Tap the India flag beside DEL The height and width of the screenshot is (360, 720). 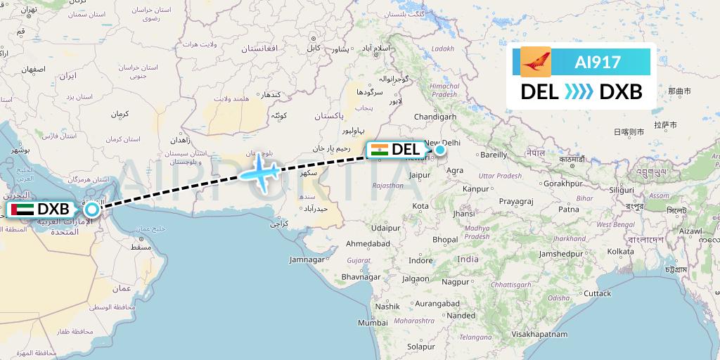(x=378, y=149)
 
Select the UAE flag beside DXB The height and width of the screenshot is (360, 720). (x=19, y=210)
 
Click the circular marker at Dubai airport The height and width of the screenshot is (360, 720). (x=92, y=209)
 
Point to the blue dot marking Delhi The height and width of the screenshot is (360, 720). (x=440, y=149)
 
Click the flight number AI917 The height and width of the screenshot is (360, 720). (x=598, y=62)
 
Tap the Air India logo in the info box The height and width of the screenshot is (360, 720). (x=536, y=62)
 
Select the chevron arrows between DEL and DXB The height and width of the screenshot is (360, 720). (x=579, y=91)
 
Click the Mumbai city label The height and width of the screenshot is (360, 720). (x=373, y=323)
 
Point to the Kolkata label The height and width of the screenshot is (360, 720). (x=621, y=251)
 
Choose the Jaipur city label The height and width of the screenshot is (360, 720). (x=418, y=175)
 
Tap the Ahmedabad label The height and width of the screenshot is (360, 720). (x=368, y=243)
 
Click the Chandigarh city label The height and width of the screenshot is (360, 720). (x=436, y=116)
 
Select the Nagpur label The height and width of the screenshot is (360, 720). (x=455, y=281)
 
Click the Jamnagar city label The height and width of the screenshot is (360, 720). (x=309, y=259)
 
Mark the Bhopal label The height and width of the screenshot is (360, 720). (x=444, y=239)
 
